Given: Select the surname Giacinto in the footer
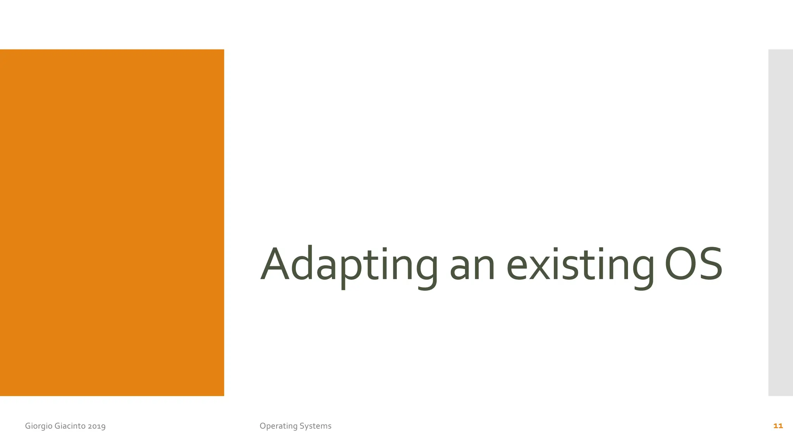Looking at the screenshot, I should (70, 426).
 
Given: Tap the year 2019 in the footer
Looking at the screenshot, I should (97, 426).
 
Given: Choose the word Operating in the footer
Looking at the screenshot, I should (278, 426).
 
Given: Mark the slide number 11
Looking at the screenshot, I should (778, 426).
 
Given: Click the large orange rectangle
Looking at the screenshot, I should (112, 223).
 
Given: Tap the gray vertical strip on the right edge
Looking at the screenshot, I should (781, 223).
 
